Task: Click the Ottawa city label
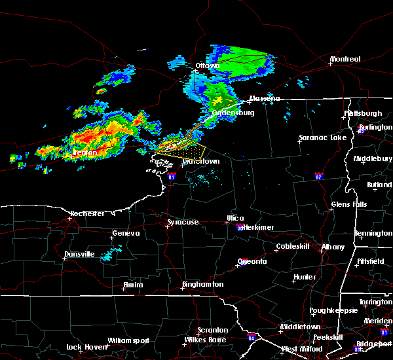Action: coord(207,65)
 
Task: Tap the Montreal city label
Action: coord(345,60)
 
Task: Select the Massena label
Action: coord(264,99)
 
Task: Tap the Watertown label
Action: coord(201,160)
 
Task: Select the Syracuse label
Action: coord(183,222)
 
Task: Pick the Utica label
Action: coord(235,218)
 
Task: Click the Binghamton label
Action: coord(202,285)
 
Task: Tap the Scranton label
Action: coord(214,330)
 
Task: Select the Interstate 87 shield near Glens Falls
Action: coord(319,175)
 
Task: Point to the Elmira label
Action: coord(134,285)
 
